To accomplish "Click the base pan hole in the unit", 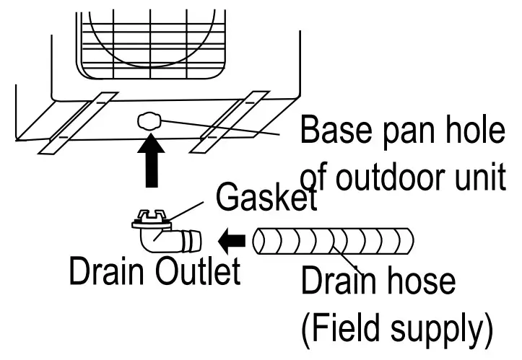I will [x=149, y=121].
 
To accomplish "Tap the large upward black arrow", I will [x=150, y=163].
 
